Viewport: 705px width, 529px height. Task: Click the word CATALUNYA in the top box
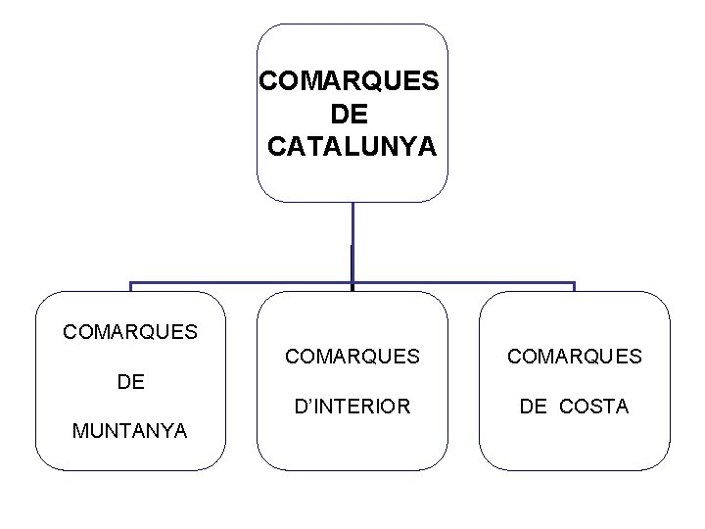pyautogui.click(x=352, y=147)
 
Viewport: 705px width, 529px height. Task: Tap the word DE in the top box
pyautogui.click(x=352, y=114)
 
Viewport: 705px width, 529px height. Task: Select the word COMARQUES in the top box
pyautogui.click(x=352, y=79)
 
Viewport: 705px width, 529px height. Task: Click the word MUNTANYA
pyautogui.click(x=129, y=430)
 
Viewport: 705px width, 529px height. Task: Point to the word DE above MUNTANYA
pyautogui.click(x=130, y=381)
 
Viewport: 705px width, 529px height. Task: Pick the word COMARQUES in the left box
pyautogui.click(x=130, y=332)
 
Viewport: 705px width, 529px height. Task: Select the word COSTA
pyautogui.click(x=594, y=406)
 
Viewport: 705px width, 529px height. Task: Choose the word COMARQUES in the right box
pyautogui.click(x=575, y=357)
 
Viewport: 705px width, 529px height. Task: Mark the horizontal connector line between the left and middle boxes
pyautogui.click(x=240, y=283)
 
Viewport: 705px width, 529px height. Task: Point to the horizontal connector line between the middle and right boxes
pyautogui.click(x=463, y=283)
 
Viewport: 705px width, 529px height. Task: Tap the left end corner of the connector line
pyautogui.click(x=130, y=284)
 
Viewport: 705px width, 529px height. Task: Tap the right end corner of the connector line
pyautogui.click(x=575, y=284)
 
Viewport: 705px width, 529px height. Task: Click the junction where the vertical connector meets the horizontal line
pyautogui.click(x=352, y=283)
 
